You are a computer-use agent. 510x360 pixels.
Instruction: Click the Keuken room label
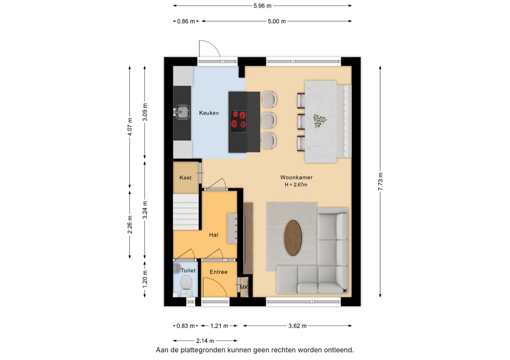209,113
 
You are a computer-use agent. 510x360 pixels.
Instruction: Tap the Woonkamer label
296,177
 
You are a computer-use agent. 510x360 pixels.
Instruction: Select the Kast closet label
186,178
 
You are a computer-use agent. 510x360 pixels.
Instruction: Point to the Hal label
213,235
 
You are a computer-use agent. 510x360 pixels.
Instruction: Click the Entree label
219,272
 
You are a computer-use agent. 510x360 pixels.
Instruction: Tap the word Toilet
188,270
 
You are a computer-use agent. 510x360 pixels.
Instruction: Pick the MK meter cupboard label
244,287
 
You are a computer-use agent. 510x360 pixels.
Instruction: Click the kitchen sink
182,112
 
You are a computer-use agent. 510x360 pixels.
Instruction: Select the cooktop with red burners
238,121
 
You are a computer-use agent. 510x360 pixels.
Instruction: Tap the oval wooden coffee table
293,238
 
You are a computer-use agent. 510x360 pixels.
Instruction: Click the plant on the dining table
320,121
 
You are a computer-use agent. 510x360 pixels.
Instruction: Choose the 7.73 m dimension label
380,182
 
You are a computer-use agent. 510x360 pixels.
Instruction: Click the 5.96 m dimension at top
263,6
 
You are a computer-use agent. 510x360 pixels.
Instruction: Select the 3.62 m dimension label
297,326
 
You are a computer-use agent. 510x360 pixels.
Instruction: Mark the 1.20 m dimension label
145,279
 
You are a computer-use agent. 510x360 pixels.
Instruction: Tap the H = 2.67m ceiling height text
296,185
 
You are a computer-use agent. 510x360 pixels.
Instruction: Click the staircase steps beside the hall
186,212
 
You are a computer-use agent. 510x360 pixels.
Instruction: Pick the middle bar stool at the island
269,120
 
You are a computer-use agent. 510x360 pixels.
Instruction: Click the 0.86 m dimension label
186,21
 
